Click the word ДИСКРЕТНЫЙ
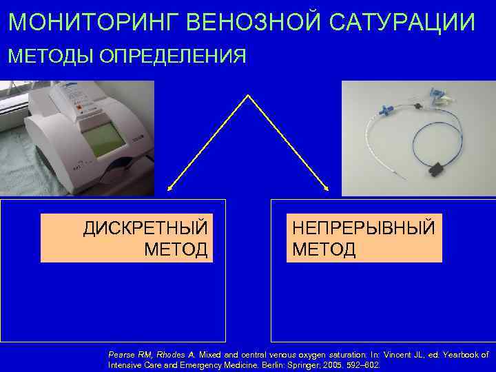[145, 228]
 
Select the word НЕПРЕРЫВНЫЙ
[363, 228]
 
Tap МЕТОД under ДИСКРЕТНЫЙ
[176, 249]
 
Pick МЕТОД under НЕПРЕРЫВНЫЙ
[324, 249]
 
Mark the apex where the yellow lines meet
[247, 96]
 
